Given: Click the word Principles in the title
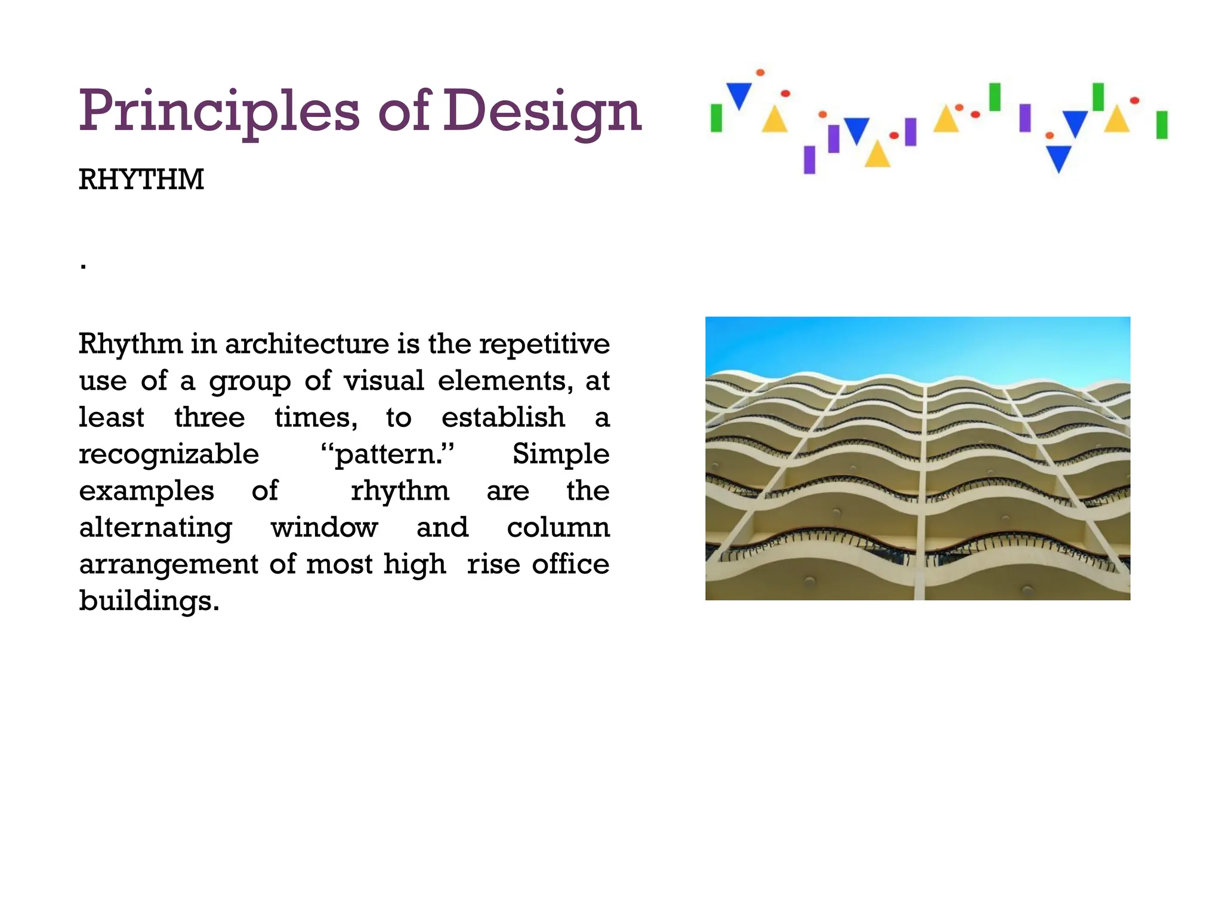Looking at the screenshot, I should tap(219, 112).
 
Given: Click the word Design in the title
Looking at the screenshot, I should tap(542, 112).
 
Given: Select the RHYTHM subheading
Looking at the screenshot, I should tap(141, 180).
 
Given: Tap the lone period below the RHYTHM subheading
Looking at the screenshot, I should tap(84, 266).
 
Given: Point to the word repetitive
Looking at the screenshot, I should tap(544, 344).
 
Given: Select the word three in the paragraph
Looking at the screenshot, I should tap(209, 417).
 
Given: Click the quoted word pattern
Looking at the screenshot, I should tap(387, 454).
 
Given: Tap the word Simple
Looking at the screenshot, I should tap(561, 454).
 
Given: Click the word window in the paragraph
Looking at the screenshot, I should tap(324, 528).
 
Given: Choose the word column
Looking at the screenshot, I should tap(558, 528).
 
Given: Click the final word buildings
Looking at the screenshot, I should tap(149, 601).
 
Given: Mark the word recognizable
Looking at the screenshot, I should tap(169, 455).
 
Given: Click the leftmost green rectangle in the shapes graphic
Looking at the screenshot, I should tap(717, 118).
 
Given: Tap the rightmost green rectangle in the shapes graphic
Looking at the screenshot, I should tap(1161, 125).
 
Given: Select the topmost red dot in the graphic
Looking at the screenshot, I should tap(760, 73).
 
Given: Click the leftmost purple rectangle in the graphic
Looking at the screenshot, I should tap(810, 159).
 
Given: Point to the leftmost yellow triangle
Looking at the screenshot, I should tap(774, 119).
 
